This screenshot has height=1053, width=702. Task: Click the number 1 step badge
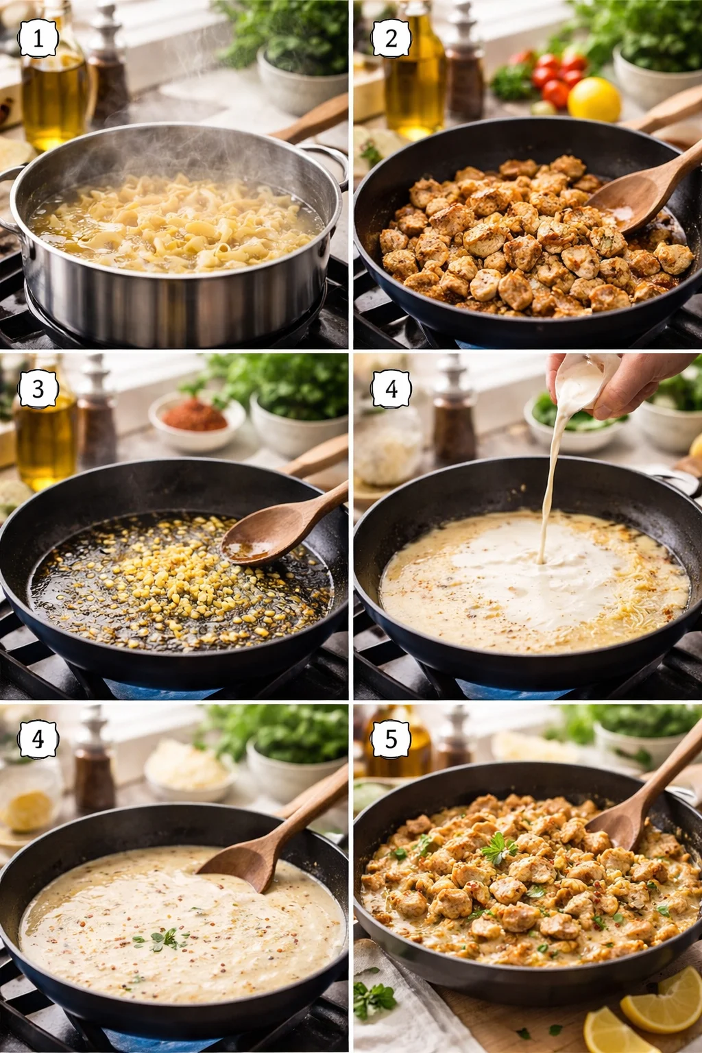[38, 38]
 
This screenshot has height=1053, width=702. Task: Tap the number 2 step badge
[391, 38]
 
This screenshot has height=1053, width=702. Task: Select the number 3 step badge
[38, 389]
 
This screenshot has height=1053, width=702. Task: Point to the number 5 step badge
[391, 740]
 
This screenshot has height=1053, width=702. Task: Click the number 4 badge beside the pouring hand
[391, 389]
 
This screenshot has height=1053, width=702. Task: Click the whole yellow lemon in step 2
[594, 99]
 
